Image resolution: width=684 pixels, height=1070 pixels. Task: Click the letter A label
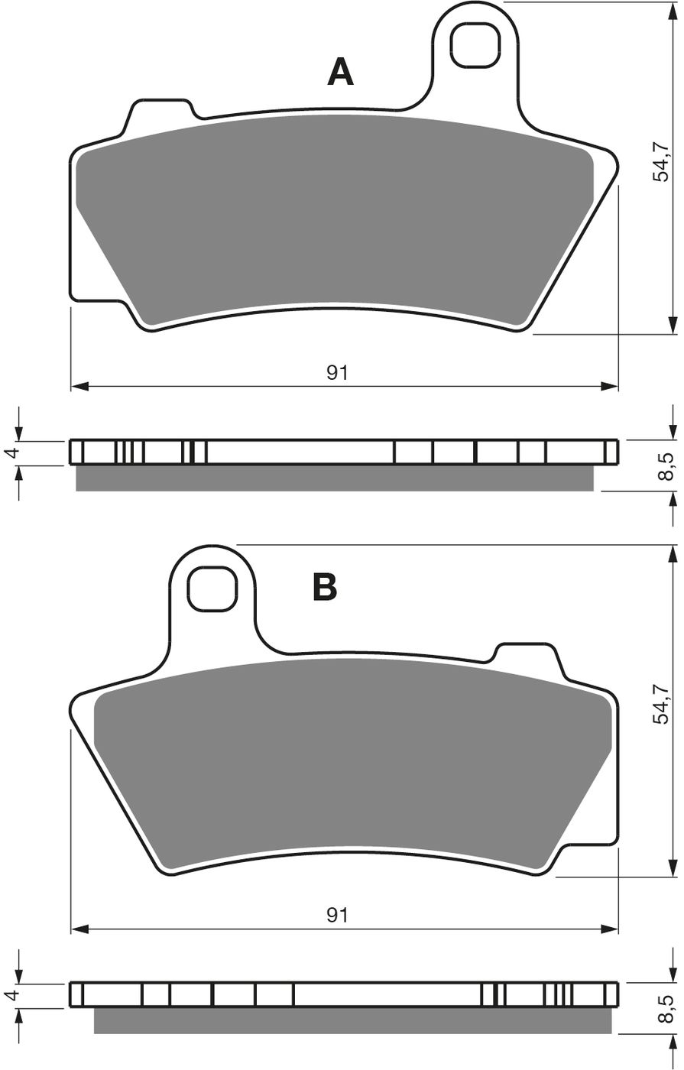click(340, 72)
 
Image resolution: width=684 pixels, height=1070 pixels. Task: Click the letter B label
click(325, 588)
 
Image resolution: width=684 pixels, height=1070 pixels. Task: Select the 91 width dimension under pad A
click(338, 372)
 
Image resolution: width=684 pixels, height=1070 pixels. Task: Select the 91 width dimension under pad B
click(338, 915)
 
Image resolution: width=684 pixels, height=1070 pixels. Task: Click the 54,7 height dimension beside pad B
click(660, 703)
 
